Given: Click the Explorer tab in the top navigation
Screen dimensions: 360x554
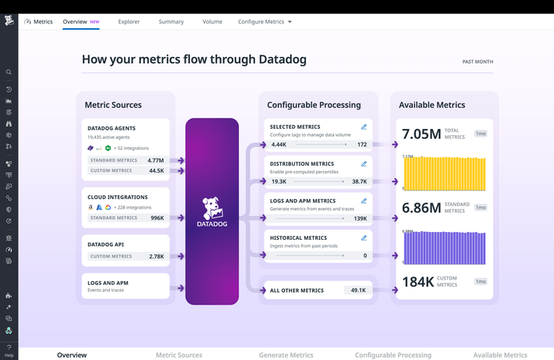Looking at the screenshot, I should coord(129,22).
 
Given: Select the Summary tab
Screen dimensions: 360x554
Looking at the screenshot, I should coord(171,22).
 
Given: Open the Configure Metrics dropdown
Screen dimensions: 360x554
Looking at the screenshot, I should coord(265,22).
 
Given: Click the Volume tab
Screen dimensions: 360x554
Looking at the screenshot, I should coord(212,22).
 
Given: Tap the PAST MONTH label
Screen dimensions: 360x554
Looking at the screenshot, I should coord(478,62).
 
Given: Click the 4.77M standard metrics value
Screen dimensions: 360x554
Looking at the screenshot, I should coord(155,160).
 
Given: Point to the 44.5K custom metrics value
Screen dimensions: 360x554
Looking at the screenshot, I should coord(156,170).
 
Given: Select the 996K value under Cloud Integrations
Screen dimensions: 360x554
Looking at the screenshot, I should coord(157,218).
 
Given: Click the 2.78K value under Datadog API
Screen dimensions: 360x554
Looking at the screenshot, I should coord(156,256).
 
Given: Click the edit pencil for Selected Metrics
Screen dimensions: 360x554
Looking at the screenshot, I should coord(364,127).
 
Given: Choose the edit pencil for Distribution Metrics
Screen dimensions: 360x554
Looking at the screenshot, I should coord(364,164).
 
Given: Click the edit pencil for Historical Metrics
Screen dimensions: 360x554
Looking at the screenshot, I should coord(364,237).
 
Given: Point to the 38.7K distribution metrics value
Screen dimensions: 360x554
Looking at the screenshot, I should coord(359,181).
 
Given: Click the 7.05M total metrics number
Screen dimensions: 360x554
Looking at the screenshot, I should coord(421,134).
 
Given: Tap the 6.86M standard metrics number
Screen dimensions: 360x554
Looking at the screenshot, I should coord(421,209).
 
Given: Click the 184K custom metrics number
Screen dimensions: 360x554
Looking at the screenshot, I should coord(417,282).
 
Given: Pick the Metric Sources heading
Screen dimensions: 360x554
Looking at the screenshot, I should coord(113,105).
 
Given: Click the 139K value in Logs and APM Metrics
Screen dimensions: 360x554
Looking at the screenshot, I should coord(360,218).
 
